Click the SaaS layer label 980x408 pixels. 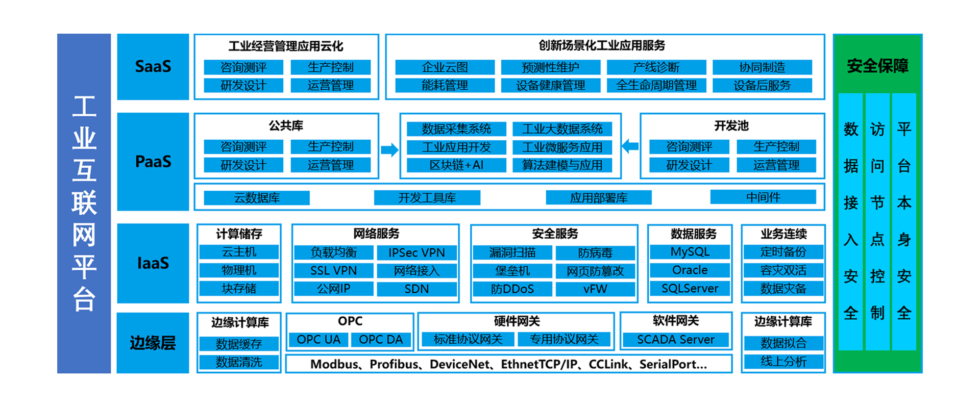[153, 66]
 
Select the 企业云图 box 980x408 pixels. [445, 67]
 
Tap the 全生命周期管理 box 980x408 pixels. [656, 85]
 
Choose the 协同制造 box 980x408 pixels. [762, 67]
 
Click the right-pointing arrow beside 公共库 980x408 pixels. [389, 150]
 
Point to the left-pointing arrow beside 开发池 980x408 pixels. [630, 146]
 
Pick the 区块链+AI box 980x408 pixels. [456, 165]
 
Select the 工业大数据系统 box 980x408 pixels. [562, 129]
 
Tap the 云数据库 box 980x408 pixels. [257, 198]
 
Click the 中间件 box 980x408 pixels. [763, 197]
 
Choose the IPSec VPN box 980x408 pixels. [416, 253]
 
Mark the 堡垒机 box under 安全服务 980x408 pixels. [512, 271]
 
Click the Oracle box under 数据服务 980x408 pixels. [690, 270]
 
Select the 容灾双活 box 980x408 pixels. [783, 270]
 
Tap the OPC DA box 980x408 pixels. [381, 340]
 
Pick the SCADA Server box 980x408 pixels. [676, 340]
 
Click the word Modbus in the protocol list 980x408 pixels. [334, 364]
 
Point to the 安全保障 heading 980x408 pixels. [877, 66]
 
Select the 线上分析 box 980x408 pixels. [783, 362]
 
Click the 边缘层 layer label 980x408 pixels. [153, 343]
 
